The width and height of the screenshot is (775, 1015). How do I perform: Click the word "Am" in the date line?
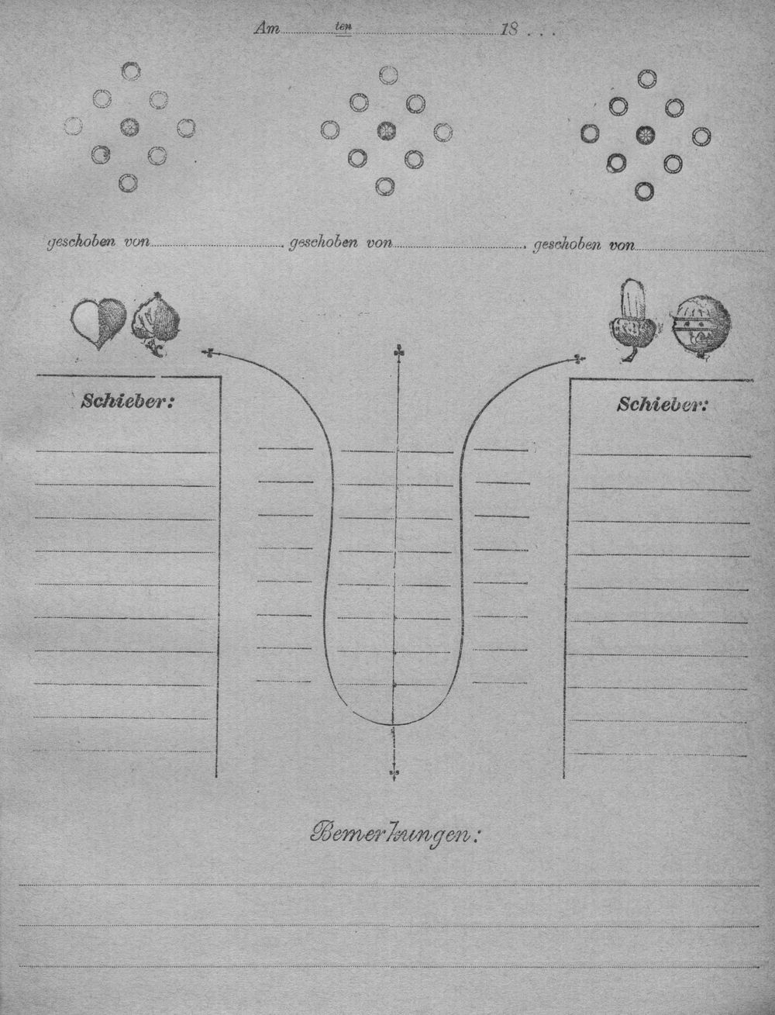click(267, 29)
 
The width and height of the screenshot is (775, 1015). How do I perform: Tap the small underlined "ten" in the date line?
click(343, 27)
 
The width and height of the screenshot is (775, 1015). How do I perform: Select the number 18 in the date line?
click(509, 29)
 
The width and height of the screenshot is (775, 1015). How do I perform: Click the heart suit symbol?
click(98, 323)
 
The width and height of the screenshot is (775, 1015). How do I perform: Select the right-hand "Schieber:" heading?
click(663, 406)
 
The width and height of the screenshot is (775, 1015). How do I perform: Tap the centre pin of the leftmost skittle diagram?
click(129, 126)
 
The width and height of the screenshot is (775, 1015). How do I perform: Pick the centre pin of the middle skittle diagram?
click(387, 131)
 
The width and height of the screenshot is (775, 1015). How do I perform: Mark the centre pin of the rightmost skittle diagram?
click(644, 135)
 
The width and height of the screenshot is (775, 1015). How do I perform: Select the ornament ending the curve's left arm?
click(208, 354)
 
